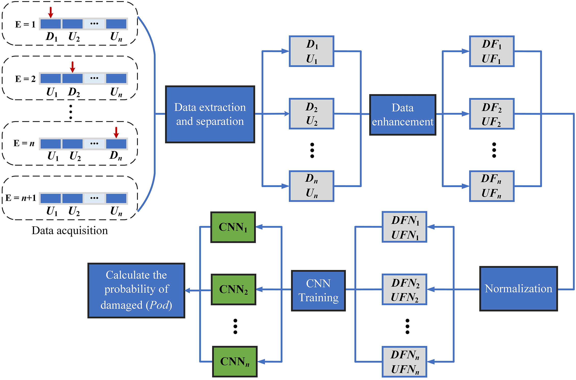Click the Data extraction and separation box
[x=210, y=114]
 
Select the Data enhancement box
[x=402, y=115]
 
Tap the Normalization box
[x=518, y=289]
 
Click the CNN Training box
[x=318, y=291]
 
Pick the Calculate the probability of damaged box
[x=136, y=291]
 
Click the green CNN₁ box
[x=233, y=227]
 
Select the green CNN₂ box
[x=233, y=290]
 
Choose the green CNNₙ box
[x=235, y=361]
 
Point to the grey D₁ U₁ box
[x=311, y=51]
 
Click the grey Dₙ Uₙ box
[x=311, y=186]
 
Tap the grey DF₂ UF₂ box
[x=492, y=114]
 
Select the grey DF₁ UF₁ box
[x=492, y=51]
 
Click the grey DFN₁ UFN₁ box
[x=404, y=227]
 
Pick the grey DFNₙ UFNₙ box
[x=404, y=362]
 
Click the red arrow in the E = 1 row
[x=51, y=12]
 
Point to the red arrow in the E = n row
[x=116, y=132]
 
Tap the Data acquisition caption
[x=70, y=230]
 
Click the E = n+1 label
[x=21, y=198]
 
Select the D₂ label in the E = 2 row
[x=74, y=92]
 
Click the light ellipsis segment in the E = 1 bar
[x=94, y=24]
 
